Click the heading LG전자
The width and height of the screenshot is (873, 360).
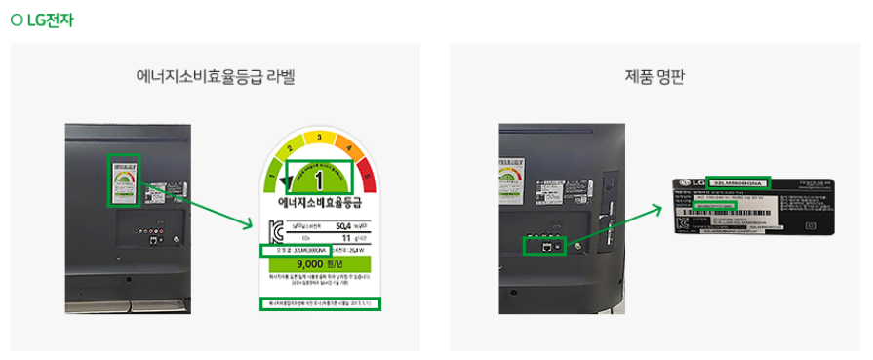tap(51, 20)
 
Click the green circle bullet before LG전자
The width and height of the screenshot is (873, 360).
tap(16, 20)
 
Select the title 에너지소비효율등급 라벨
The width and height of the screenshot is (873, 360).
tap(216, 76)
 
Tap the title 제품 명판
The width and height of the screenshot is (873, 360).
tap(655, 76)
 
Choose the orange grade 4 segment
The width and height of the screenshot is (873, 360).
tap(350, 150)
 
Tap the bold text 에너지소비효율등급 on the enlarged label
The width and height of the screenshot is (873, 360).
tap(320, 204)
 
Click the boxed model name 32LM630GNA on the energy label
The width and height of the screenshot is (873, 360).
tap(303, 251)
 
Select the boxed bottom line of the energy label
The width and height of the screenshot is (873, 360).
tap(320, 304)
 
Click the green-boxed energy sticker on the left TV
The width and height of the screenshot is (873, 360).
tap(124, 180)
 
